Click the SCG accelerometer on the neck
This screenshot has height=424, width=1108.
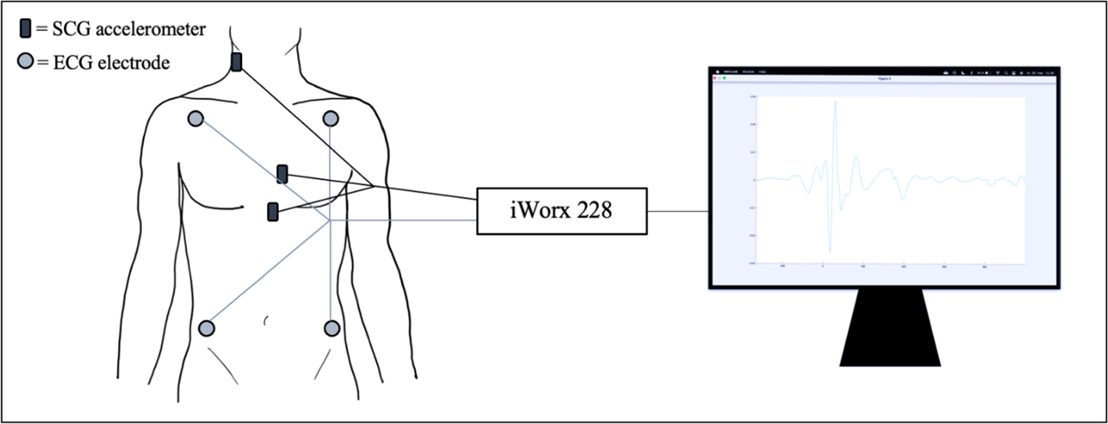(x=236, y=62)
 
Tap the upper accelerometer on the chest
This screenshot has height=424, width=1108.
(x=282, y=174)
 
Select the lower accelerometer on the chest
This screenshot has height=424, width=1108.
(x=273, y=212)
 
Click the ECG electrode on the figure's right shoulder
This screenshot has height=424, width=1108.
(x=196, y=119)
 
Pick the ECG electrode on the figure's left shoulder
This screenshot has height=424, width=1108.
(x=331, y=119)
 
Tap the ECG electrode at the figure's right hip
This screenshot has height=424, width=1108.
(x=207, y=328)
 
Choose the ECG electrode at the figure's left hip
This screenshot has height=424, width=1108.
(x=332, y=328)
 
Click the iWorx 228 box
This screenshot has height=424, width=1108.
(x=561, y=211)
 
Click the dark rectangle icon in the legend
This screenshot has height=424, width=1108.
(x=25, y=28)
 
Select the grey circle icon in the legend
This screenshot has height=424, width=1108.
(x=25, y=61)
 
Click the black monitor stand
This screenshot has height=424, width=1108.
(x=890, y=329)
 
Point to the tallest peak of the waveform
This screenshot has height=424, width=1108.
(x=836, y=102)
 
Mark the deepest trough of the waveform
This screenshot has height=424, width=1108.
(x=830, y=250)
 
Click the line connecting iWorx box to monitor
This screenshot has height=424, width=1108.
(x=677, y=211)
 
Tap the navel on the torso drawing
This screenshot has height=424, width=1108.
(x=266, y=320)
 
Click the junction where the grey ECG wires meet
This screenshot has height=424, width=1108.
(x=330, y=220)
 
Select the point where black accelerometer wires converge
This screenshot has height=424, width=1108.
(x=374, y=187)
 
